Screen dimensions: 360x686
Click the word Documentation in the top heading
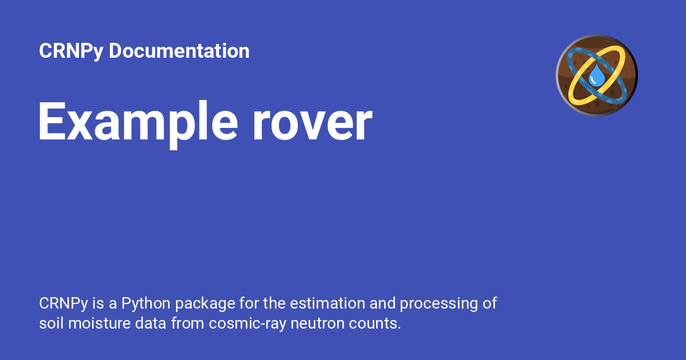(x=179, y=51)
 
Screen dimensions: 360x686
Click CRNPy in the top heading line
(x=71, y=51)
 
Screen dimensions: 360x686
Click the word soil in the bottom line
(x=50, y=323)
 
